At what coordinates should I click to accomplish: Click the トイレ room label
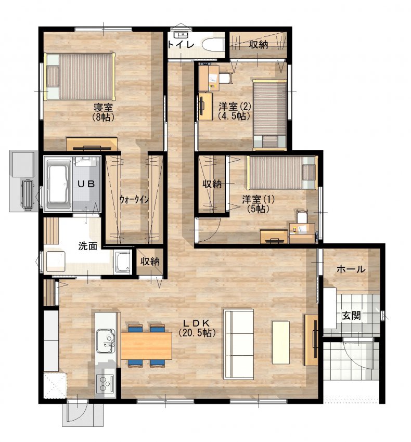181,45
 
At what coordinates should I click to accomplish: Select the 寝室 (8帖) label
103,112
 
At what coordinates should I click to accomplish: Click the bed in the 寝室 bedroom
79,76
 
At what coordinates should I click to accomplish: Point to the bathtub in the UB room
59,184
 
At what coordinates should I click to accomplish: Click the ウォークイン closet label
134,199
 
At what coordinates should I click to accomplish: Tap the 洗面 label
87,245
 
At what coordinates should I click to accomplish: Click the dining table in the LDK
146,346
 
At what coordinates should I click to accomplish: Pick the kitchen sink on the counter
106,341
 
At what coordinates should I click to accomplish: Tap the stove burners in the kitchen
105,382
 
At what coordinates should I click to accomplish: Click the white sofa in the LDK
239,344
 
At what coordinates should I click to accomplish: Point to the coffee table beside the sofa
280,342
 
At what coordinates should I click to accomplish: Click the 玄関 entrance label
351,316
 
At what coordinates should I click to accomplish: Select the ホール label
351,269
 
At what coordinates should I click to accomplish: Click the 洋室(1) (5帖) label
258,204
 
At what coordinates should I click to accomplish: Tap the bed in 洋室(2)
269,114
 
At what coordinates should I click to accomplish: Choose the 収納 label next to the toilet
259,44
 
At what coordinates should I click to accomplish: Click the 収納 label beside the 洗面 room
150,262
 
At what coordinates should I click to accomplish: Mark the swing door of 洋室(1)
210,231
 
